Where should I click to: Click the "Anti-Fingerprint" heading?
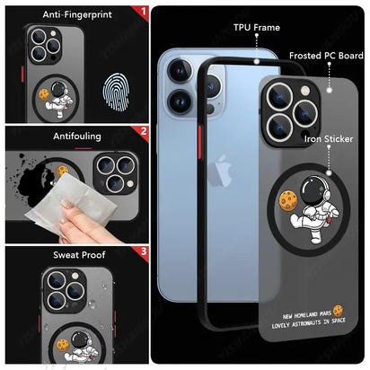pos(77,14)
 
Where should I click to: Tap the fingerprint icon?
pos(116,92)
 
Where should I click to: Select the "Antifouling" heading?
pos(77,137)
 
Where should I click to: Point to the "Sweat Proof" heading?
pos(79,255)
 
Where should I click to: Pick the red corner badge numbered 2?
pos(142,132)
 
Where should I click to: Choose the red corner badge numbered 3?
pos(142,252)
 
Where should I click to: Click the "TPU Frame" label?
pos(257,28)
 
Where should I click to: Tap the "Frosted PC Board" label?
pos(326,56)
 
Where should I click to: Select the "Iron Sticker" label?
pos(329,139)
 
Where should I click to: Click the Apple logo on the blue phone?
pos(221,171)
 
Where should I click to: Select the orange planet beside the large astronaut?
pos(288,201)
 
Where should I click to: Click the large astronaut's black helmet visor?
pos(313,190)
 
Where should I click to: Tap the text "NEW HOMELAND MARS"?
pos(307,315)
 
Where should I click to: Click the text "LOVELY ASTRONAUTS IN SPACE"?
pos(308,323)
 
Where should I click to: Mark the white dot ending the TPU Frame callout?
pos(257,61)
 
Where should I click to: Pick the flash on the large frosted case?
pos(305,91)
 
